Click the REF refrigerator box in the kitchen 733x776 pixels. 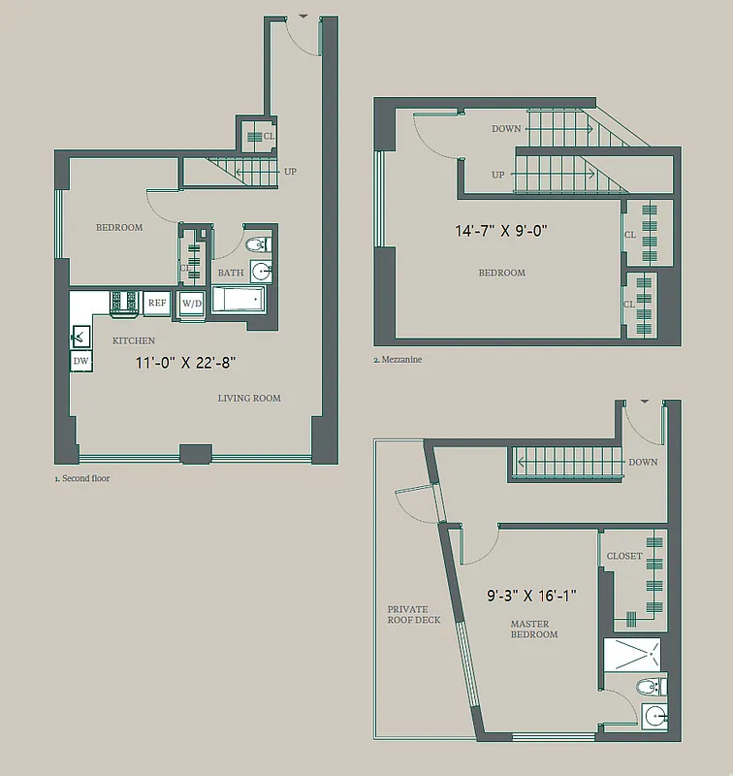pyautogui.click(x=157, y=303)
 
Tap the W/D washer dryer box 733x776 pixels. pyautogui.click(x=191, y=303)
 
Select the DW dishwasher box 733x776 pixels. pyautogui.click(x=81, y=361)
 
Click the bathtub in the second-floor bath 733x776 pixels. pyautogui.click(x=239, y=300)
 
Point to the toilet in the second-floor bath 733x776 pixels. pyautogui.click(x=258, y=244)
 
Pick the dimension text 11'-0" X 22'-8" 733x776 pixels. pyautogui.click(x=186, y=364)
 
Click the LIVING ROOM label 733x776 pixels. pyautogui.click(x=249, y=398)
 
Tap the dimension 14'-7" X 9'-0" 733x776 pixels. pyautogui.click(x=502, y=231)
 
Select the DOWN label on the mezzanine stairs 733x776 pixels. pyautogui.click(x=506, y=129)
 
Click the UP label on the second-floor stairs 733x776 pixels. pyautogui.click(x=290, y=172)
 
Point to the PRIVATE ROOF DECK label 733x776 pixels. pyautogui.click(x=414, y=614)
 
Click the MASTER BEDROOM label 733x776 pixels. pyautogui.click(x=534, y=629)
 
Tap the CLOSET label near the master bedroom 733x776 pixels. pyautogui.click(x=624, y=557)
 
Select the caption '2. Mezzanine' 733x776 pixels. pyautogui.click(x=398, y=359)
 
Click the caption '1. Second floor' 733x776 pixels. pyautogui.click(x=82, y=478)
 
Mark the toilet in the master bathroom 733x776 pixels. pyautogui.click(x=647, y=688)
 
